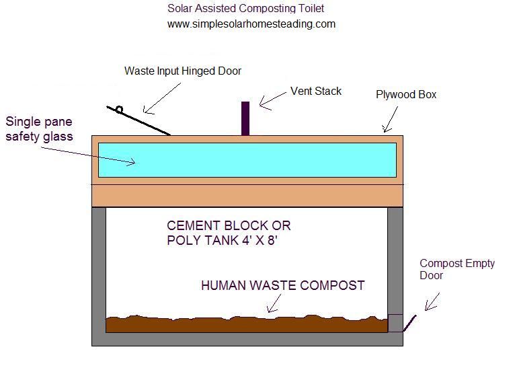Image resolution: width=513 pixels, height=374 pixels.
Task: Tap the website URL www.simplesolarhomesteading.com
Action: point(251,24)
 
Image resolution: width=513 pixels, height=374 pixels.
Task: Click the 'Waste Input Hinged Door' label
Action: point(182,71)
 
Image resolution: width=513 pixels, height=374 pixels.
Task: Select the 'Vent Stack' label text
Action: point(315,91)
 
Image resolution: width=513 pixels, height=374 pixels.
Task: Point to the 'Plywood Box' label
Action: point(405,95)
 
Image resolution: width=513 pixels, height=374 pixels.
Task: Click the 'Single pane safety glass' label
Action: point(39,129)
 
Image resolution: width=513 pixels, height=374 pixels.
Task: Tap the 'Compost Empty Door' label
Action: point(457,269)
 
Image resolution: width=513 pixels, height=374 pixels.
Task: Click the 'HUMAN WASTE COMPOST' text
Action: point(282,285)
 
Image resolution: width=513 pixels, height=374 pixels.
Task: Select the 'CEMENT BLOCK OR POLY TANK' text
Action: point(229,233)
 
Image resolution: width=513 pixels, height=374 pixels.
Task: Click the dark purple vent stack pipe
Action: point(245,118)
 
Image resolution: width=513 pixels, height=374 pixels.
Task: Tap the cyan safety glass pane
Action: point(246,160)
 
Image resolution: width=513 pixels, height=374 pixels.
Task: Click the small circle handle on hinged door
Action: point(119,110)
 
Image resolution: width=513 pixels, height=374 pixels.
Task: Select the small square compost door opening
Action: point(395,323)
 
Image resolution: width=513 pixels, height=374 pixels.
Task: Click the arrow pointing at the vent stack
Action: point(272,100)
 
